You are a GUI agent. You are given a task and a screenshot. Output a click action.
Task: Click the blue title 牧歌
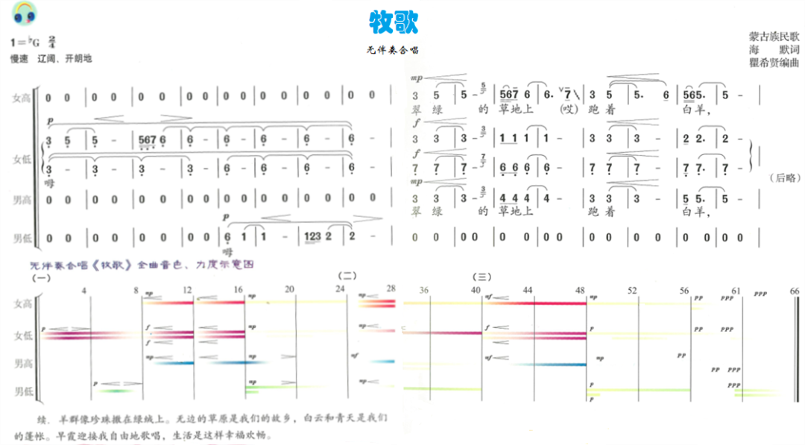click(394, 22)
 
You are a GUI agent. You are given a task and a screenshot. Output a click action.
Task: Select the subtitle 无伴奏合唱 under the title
click(392, 51)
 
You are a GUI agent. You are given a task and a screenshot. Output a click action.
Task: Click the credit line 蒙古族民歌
click(774, 36)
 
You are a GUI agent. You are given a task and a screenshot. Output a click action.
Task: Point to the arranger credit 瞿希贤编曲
click(774, 63)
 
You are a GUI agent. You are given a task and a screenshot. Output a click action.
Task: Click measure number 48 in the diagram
click(580, 289)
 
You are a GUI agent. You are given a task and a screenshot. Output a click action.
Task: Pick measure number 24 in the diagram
click(340, 289)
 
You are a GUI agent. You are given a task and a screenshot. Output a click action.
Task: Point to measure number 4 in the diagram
click(85, 289)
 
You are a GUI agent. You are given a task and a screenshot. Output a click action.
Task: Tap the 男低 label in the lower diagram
click(22, 391)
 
